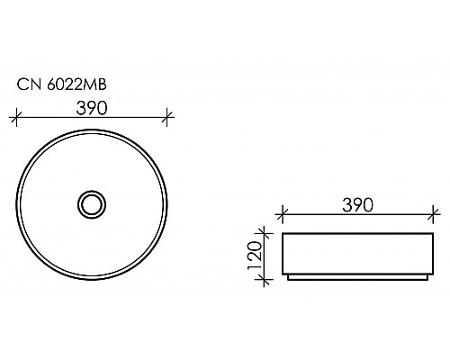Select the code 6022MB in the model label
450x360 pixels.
(70, 85)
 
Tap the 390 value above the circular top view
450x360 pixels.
(93, 107)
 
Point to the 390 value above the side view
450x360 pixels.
(357, 204)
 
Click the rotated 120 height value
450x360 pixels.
(255, 255)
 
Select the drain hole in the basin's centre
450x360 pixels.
(93, 204)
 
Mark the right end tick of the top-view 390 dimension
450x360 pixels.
(168, 116)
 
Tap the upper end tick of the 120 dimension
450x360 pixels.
(264, 232)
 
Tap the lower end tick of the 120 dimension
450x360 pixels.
(264, 280)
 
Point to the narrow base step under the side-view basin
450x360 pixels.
(357, 277)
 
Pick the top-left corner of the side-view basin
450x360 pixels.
(282, 232)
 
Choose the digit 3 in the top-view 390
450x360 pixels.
(81, 107)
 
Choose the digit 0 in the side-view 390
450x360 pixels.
(369, 204)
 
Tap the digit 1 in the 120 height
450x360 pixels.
(255, 268)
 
